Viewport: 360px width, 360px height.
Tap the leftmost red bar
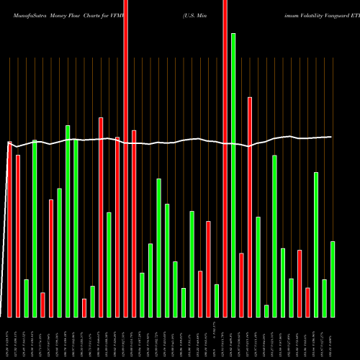click(x=9, y=230)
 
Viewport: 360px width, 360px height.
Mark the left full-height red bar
click(x=126, y=158)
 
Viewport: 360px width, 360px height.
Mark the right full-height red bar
click(x=225, y=158)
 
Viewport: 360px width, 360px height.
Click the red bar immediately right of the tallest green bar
click(x=242, y=285)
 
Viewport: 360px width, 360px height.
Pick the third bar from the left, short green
click(x=27, y=298)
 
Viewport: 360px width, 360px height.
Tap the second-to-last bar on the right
click(x=325, y=298)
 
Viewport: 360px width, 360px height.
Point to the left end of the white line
click(x=8, y=143)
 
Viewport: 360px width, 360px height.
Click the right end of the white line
click(x=332, y=136)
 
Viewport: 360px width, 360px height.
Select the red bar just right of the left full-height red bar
click(x=134, y=223)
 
